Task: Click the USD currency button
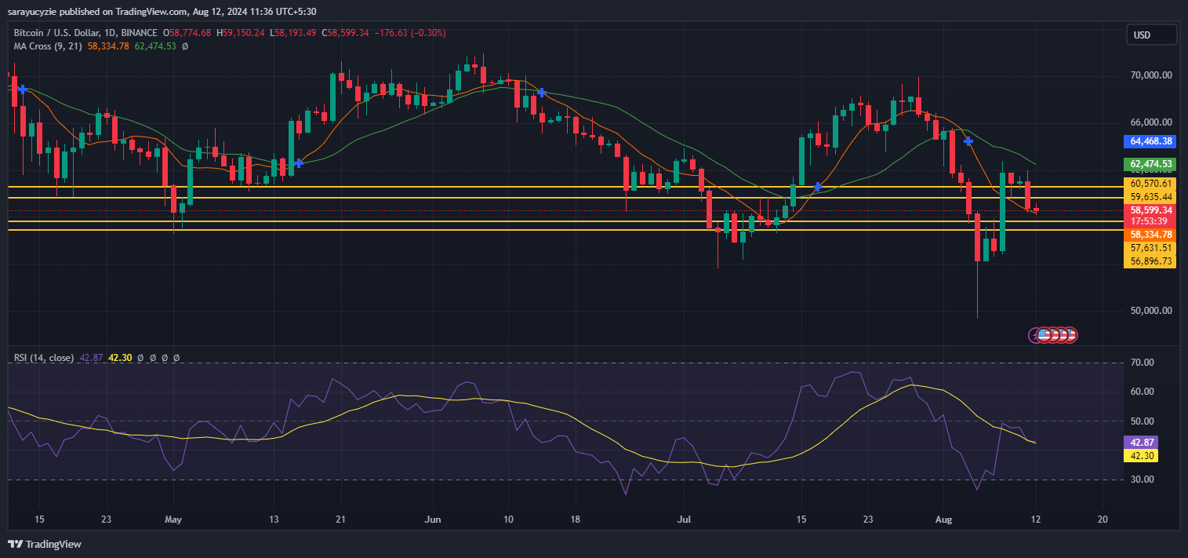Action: pyautogui.click(x=1151, y=35)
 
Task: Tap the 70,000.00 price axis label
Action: pyautogui.click(x=1151, y=75)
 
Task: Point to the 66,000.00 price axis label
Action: pyautogui.click(x=1151, y=122)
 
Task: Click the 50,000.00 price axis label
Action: pyautogui.click(x=1151, y=311)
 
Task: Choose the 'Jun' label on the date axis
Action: pyautogui.click(x=432, y=520)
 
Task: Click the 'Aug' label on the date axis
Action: pyautogui.click(x=943, y=520)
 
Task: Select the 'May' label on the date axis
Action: pyautogui.click(x=174, y=520)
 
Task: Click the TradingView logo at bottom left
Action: pyautogui.click(x=45, y=544)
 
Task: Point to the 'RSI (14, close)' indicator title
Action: pyautogui.click(x=44, y=358)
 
